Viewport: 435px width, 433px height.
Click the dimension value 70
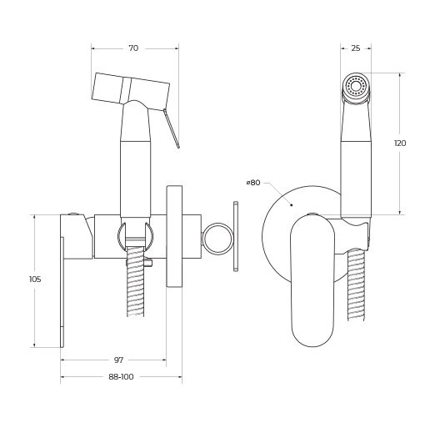133,49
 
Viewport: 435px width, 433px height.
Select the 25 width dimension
356,48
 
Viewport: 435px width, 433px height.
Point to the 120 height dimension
400,143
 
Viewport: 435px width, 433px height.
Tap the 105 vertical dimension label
35,279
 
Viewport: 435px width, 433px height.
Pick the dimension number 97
118,360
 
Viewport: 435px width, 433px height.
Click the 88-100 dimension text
121,377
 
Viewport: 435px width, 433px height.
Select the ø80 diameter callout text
253,182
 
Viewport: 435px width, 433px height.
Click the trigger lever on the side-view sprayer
173,129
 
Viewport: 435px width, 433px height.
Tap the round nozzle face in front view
357,86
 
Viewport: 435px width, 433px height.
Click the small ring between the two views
218,237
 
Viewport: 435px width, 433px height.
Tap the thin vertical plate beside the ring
236,237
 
